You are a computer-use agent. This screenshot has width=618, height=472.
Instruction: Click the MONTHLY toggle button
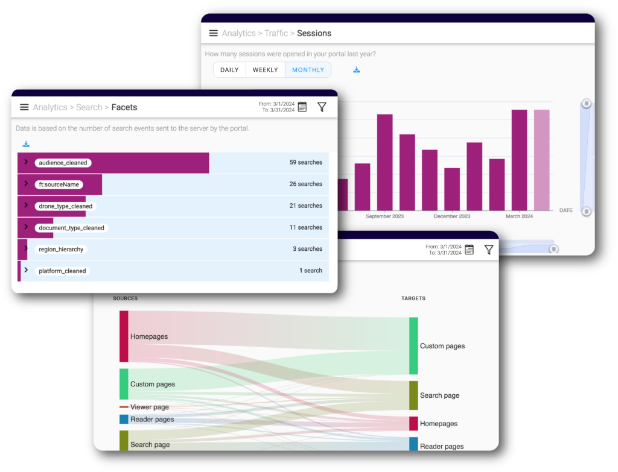[308, 70]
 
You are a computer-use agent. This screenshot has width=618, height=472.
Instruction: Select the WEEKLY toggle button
[265, 70]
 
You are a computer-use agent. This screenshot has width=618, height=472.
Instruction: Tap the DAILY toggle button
[229, 70]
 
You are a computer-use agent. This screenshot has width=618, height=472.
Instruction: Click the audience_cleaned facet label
[63, 163]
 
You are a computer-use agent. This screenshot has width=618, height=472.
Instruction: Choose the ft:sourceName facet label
[59, 184]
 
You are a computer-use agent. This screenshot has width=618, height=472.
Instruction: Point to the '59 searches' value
[305, 162]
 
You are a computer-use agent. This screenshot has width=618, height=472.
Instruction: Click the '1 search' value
[310, 271]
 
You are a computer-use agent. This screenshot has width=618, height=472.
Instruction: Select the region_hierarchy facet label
[61, 249]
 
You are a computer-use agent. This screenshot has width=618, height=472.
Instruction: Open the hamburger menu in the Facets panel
[24, 107]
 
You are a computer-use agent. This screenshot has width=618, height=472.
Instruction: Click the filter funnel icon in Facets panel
[322, 107]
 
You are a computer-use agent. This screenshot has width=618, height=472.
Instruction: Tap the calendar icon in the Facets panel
[302, 107]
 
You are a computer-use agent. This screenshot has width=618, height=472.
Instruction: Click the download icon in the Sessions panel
[357, 70]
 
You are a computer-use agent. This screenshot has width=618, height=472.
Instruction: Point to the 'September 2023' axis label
[384, 216]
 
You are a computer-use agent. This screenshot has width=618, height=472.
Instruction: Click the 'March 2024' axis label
[519, 216]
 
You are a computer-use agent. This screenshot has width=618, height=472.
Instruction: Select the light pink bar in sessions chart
[541, 160]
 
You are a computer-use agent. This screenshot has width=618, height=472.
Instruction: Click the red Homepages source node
[124, 336]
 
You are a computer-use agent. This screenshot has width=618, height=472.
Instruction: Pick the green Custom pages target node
[413, 345]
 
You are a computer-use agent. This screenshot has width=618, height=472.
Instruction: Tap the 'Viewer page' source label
[149, 407]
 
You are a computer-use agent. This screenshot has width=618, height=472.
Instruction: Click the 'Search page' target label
[439, 395]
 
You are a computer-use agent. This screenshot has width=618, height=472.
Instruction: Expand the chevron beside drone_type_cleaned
[26, 206]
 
